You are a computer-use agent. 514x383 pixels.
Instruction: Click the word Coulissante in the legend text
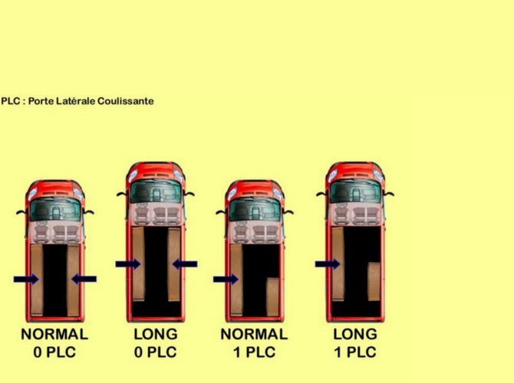tap(126, 101)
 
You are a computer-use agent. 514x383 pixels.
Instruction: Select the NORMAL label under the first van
tap(54, 334)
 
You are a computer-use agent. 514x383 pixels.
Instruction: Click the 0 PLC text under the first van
tap(54, 352)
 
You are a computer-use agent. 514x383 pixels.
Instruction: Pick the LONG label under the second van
tap(156, 334)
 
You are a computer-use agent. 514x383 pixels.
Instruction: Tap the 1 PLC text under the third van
tap(255, 352)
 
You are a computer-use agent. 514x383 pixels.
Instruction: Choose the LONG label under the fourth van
tap(355, 334)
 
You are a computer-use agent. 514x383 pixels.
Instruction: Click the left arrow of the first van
tap(26, 280)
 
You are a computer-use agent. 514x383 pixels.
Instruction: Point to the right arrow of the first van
tap(84, 280)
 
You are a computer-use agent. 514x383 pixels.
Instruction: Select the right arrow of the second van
tap(185, 264)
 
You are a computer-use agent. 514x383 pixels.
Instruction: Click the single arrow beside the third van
tap(226, 280)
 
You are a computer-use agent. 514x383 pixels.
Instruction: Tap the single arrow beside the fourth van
tap(328, 264)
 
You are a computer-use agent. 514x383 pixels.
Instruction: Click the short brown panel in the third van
tap(272, 297)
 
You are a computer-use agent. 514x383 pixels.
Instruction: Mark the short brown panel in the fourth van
tap(374, 282)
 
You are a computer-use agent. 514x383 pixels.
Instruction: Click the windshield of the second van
tap(156, 191)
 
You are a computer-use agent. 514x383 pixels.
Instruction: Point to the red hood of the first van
tap(55, 189)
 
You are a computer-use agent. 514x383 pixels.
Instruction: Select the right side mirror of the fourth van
tap(389, 194)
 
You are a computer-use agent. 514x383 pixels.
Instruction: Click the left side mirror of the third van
tap(222, 212)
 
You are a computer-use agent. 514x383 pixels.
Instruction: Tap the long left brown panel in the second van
tap(139, 264)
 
